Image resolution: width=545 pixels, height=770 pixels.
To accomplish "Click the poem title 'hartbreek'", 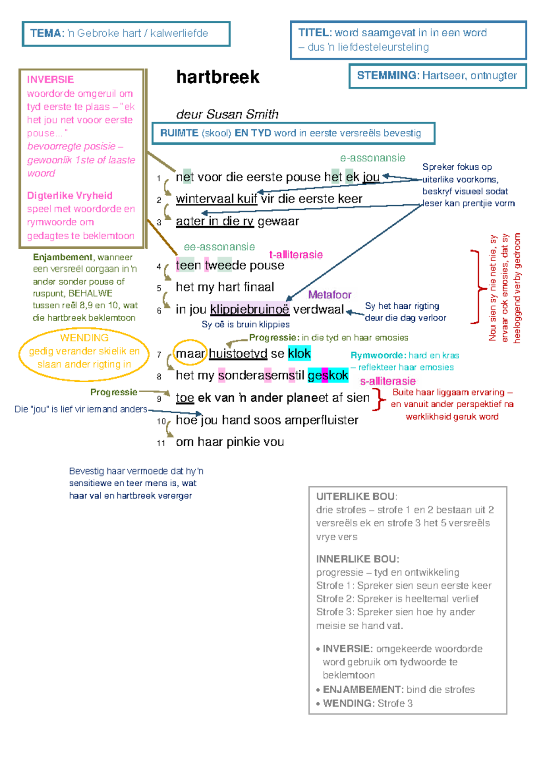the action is [x=218, y=77].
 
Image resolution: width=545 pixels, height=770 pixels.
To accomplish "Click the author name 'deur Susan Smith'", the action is [x=227, y=114].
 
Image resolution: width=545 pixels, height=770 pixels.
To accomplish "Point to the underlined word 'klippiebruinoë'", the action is [x=250, y=309].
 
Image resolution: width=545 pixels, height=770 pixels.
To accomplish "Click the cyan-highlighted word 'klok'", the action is [x=299, y=353].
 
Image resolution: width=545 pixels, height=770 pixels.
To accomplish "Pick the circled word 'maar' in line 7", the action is [x=190, y=353].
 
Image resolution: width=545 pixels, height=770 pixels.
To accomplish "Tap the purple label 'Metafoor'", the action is [x=329, y=295].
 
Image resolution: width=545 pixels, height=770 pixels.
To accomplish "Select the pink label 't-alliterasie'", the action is [x=296, y=255].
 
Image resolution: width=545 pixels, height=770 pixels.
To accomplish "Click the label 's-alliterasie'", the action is [x=387, y=381].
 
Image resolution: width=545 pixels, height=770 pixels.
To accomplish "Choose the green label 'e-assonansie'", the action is [x=372, y=158].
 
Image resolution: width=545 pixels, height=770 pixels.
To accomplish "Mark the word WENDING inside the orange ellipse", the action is [x=84, y=338].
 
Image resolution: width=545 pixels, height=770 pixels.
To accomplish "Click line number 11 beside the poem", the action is [x=161, y=443].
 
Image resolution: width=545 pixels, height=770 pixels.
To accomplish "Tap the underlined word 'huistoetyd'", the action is [x=238, y=353].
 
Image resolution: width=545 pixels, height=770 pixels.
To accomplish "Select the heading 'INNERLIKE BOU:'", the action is [x=357, y=559].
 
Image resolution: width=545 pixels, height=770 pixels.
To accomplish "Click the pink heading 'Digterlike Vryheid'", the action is [x=70, y=196].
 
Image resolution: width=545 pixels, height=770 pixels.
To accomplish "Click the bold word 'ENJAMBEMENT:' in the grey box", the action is [x=363, y=690].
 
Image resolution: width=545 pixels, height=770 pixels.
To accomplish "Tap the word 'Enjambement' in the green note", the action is [x=63, y=257].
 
